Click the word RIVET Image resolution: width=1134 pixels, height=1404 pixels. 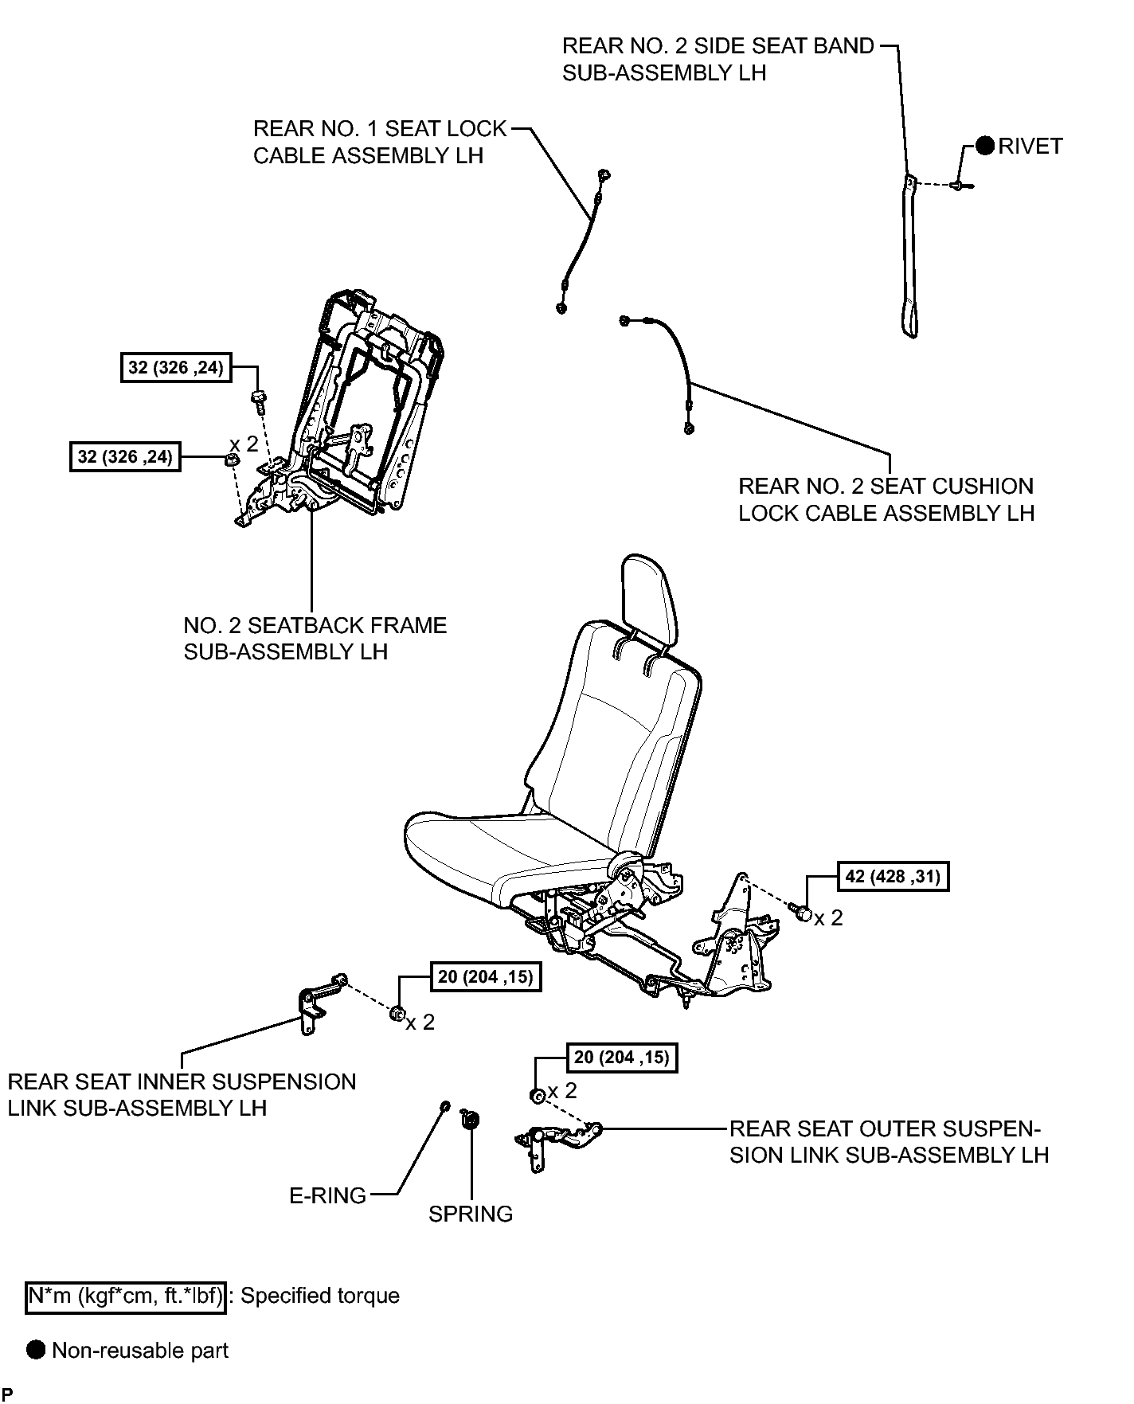pyautogui.click(x=1030, y=146)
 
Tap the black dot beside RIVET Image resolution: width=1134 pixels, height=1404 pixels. pyautogui.click(x=985, y=146)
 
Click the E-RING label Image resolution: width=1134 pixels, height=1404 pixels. pyautogui.click(x=327, y=1195)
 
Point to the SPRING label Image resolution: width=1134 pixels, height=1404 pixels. pyautogui.click(x=471, y=1214)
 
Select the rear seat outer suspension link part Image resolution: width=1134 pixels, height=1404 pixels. pyautogui.click(x=557, y=1142)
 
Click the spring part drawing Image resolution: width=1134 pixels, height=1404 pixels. pyautogui.click(x=469, y=1120)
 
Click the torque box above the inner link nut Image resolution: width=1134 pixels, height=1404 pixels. pyautogui.click(x=486, y=976)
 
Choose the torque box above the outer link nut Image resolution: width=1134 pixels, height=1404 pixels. pyautogui.click(x=622, y=1058)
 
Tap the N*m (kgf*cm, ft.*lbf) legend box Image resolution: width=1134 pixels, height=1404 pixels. pyautogui.click(x=126, y=1296)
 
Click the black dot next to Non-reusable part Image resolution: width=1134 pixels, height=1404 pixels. pyautogui.click(x=36, y=1350)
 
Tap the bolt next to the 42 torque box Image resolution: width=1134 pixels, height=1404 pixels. pyautogui.click(x=800, y=912)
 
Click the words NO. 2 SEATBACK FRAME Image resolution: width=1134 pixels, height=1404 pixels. pyautogui.click(x=315, y=625)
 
